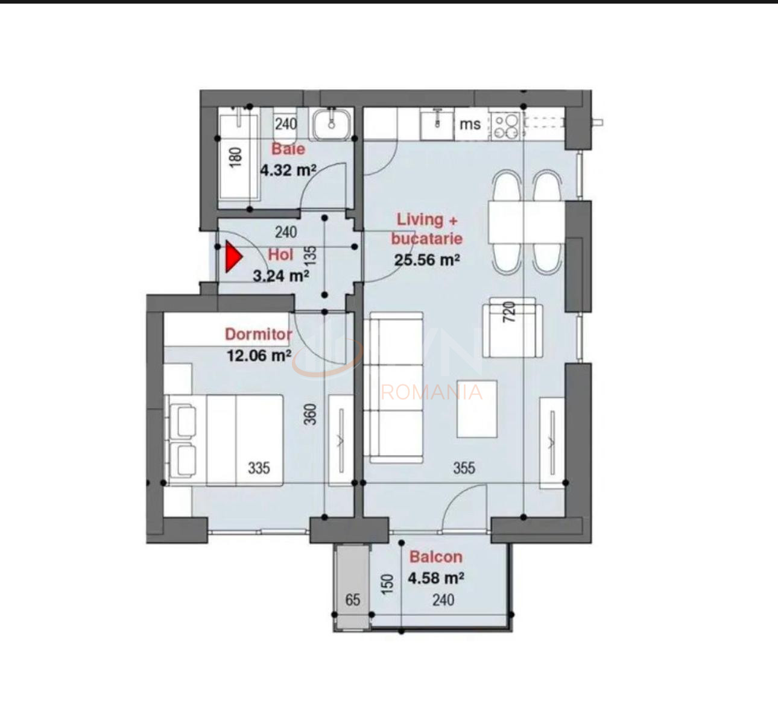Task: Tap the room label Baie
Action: click(288, 149)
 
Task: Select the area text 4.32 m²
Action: click(288, 170)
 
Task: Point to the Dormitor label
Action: click(258, 334)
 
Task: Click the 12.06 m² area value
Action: click(259, 355)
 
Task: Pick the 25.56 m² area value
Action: click(427, 260)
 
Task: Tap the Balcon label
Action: click(435, 557)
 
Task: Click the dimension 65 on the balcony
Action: click(353, 600)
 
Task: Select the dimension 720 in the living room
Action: click(510, 312)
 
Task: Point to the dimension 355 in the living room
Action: click(464, 468)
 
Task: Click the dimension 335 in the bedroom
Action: click(259, 468)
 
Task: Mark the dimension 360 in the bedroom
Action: click(310, 414)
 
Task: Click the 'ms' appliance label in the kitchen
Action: click(470, 124)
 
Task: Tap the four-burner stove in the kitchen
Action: click(506, 125)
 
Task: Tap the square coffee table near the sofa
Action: click(477, 409)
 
